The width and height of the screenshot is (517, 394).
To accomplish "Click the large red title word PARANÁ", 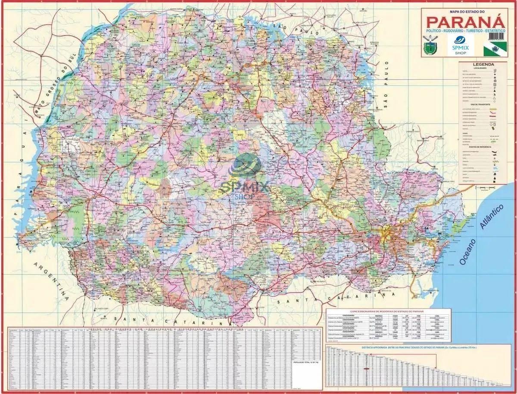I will click(x=464, y=22).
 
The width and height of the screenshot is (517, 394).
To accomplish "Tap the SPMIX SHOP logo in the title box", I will click(x=461, y=45).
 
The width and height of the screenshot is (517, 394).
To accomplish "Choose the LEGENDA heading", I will click(x=480, y=64).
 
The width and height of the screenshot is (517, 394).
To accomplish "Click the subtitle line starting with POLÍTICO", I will click(x=464, y=32).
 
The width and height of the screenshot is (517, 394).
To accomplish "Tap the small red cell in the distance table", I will click(x=367, y=369).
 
